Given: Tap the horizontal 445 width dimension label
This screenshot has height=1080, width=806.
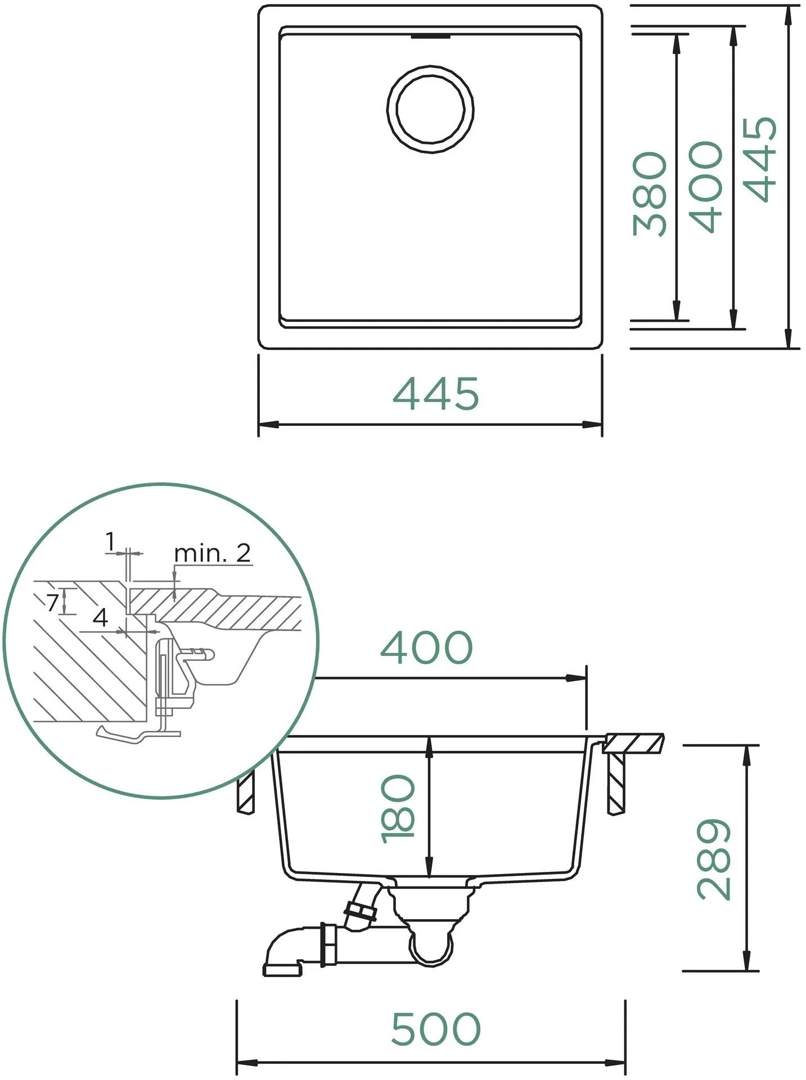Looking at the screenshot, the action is pyautogui.click(x=436, y=394).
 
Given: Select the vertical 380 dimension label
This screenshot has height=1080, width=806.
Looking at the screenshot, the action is pyautogui.click(x=650, y=193).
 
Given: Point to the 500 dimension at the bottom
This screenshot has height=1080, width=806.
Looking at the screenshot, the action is pyautogui.click(x=436, y=1029).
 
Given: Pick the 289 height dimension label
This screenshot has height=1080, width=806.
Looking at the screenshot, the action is pyautogui.click(x=714, y=859).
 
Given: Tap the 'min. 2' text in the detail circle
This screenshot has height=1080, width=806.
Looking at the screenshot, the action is pyautogui.click(x=212, y=553).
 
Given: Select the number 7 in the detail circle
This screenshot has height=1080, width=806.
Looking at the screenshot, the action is pyautogui.click(x=52, y=603).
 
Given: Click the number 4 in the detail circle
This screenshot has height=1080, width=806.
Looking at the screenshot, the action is pyautogui.click(x=100, y=618).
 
